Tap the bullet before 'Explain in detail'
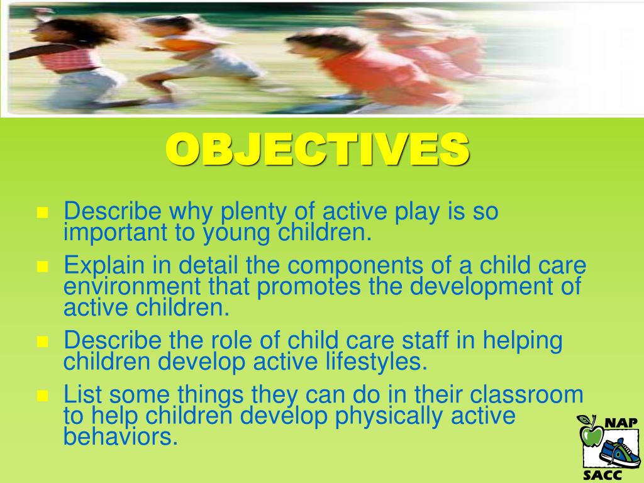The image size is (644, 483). pos(43,266)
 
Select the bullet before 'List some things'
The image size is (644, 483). pos(43,396)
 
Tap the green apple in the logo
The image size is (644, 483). pos(591,433)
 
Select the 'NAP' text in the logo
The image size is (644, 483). pos(621,423)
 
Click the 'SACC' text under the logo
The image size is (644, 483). pos(602,475)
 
